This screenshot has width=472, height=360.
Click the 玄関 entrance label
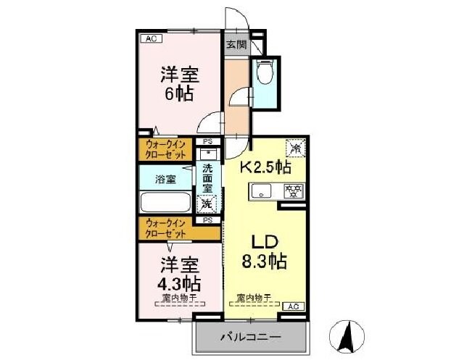tap(236, 45)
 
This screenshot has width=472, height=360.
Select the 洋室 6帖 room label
tap(179, 83)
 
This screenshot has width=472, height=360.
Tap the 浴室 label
tap(165, 178)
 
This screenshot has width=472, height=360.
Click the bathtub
tap(165, 202)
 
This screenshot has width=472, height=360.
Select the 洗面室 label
tap(208, 179)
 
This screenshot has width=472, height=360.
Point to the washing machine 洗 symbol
tap(207, 203)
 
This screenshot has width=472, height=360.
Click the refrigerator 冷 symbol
tap(296, 148)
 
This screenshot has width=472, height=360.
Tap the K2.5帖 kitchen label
tap(266, 168)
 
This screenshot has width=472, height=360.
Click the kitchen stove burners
tap(294, 192)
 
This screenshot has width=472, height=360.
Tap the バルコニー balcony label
tap(247, 338)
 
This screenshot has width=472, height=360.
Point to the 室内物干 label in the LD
tap(254, 298)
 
